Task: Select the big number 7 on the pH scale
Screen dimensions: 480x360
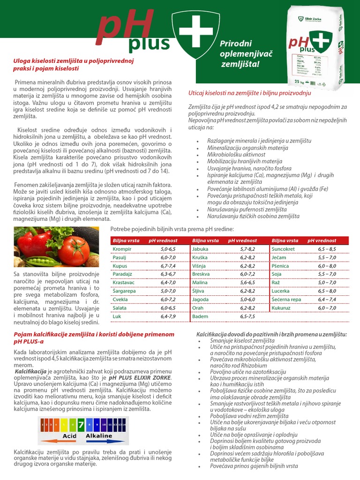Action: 81,425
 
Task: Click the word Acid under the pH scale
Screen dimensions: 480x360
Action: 69,435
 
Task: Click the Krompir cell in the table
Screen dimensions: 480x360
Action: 122,249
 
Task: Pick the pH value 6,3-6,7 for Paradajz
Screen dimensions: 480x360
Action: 168,274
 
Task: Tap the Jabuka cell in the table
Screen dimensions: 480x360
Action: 200,249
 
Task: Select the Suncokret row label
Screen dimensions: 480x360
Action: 283,249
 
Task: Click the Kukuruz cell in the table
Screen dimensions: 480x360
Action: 281,308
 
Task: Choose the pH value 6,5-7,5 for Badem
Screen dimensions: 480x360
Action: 247,316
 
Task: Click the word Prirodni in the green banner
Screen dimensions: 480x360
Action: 233,44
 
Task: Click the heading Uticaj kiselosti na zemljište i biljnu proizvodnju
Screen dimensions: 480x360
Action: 246,92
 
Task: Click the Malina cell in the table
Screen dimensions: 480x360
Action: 200,283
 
